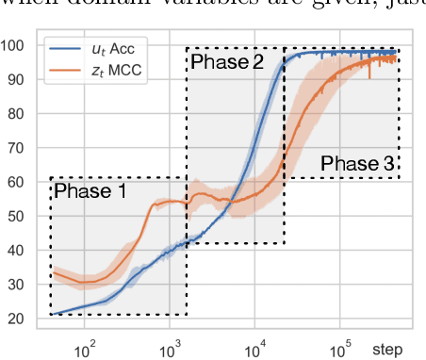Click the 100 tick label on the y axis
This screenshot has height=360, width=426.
click(x=14, y=45)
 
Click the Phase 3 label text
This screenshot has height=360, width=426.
click(x=357, y=165)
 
